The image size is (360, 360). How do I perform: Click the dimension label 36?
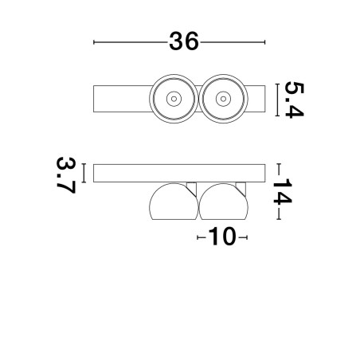(x=184, y=41)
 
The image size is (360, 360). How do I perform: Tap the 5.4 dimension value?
(x=294, y=100)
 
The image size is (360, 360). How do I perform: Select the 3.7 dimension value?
(x=66, y=175)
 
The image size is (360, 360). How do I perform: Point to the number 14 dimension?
(x=283, y=191)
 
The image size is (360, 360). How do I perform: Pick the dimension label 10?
(x=222, y=237)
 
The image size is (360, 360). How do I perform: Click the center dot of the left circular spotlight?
(x=174, y=99)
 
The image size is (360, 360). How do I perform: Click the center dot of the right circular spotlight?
(x=223, y=99)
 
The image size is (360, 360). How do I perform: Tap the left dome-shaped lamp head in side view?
(x=174, y=202)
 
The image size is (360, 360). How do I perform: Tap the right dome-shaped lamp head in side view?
(x=224, y=202)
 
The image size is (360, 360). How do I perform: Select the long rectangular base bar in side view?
(x=179, y=173)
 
